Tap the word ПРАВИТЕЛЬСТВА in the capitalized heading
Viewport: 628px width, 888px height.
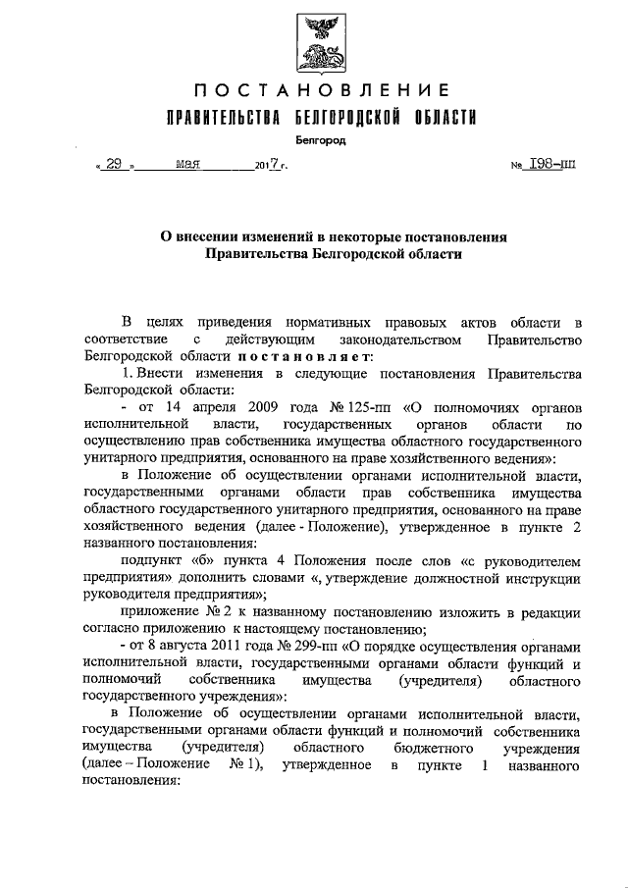(222, 119)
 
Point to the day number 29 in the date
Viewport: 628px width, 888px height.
(113, 165)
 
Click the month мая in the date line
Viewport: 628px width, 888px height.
(187, 165)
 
